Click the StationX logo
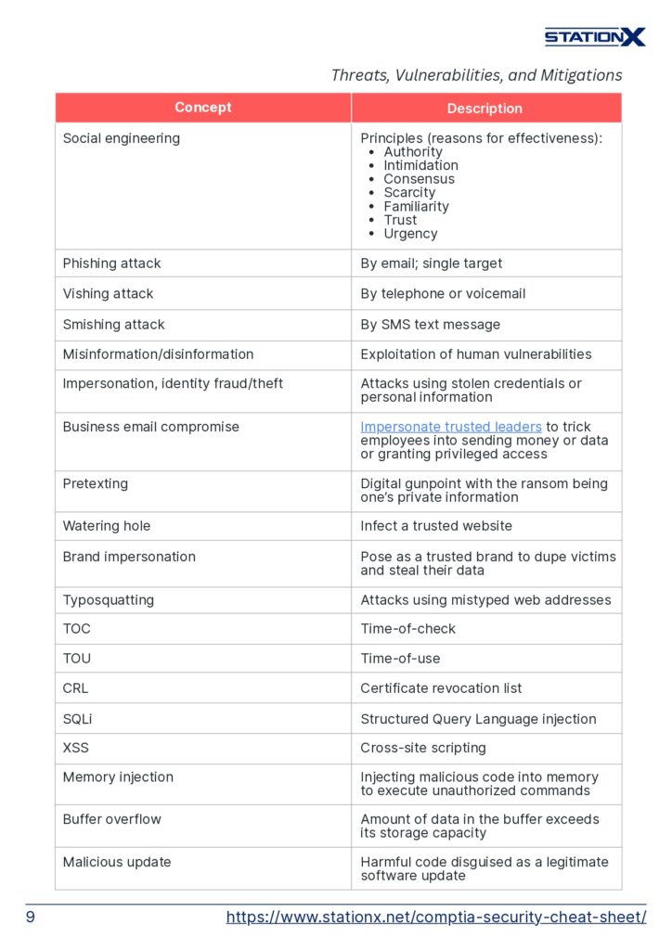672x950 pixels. coord(594,37)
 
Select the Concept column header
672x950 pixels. coord(202,108)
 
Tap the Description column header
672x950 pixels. coord(485,109)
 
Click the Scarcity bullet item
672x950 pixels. coord(409,193)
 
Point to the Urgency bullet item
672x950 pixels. coord(410,234)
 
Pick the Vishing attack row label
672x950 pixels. coord(108,293)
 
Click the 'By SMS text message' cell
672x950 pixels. coord(430,325)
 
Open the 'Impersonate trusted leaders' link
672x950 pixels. coord(451,427)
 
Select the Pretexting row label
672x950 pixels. coord(96,483)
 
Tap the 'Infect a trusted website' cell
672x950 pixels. coord(436,526)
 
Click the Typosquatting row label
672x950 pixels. coord(109,599)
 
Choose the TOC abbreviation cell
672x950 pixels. coord(77,628)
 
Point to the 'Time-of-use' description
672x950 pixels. coord(400,659)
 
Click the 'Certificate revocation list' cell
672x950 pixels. coord(441,688)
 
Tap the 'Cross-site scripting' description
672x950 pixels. coord(423,748)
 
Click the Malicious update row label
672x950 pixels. coord(117,862)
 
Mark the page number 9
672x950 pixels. coord(31,918)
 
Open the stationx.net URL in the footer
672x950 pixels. coord(436,918)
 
